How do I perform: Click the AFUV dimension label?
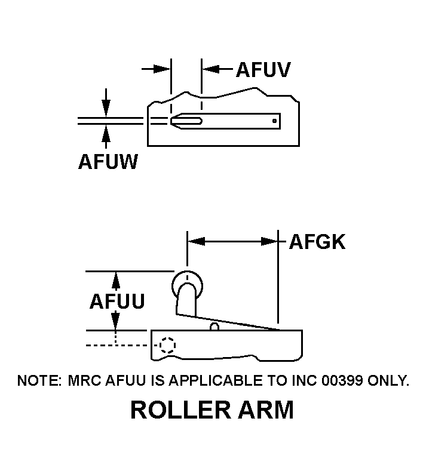point(263,69)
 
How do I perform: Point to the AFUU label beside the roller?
point(117,302)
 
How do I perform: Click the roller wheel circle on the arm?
point(187,283)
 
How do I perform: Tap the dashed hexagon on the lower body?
point(168,345)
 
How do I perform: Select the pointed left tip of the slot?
point(173,121)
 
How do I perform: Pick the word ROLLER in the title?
point(176,410)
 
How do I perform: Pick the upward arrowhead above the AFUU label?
point(116,278)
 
